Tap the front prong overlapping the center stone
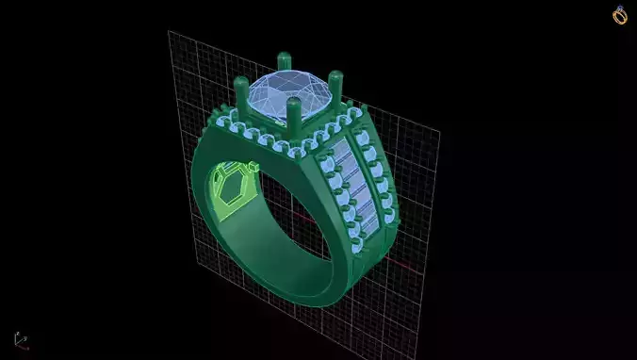(x=295, y=118)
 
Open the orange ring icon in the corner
(x=620, y=15)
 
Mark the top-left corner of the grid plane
(x=170, y=32)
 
